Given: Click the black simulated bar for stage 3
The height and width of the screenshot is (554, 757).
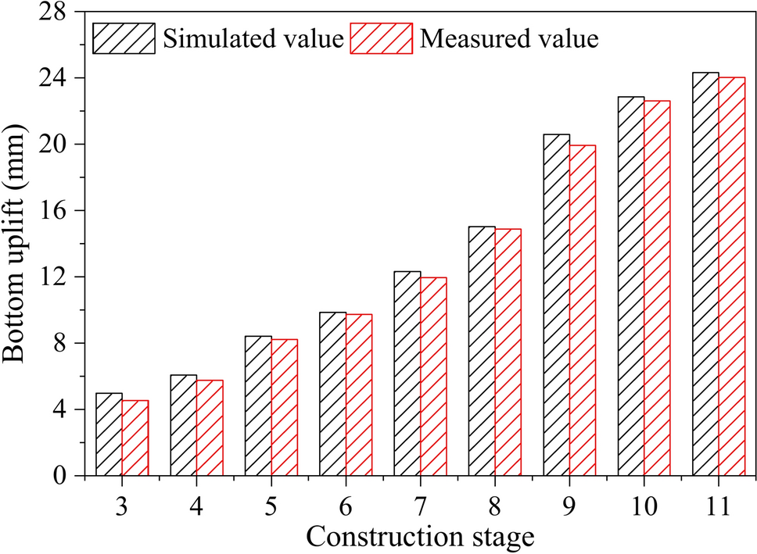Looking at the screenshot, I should tap(109, 434).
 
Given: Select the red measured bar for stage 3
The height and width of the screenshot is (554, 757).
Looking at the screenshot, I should tap(135, 438).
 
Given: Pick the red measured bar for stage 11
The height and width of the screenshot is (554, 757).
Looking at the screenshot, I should tap(732, 277).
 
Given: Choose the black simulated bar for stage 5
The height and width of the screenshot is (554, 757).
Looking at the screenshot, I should tap(258, 406).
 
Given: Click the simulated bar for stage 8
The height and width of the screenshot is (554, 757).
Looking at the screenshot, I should tap(482, 351).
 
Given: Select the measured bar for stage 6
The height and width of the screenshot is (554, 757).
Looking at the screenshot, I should tap(359, 395).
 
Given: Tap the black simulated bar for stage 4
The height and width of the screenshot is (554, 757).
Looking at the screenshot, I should tap(184, 425).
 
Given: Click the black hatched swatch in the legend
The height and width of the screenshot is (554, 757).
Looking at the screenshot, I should tap(127, 38).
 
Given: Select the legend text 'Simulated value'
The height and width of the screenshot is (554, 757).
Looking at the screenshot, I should tap(253, 38).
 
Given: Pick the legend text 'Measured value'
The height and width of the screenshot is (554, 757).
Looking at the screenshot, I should tap(510, 38).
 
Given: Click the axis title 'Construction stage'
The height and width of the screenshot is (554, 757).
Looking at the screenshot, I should tap(420, 537).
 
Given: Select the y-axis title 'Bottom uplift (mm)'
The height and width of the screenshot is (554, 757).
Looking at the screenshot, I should tap(17, 244).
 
